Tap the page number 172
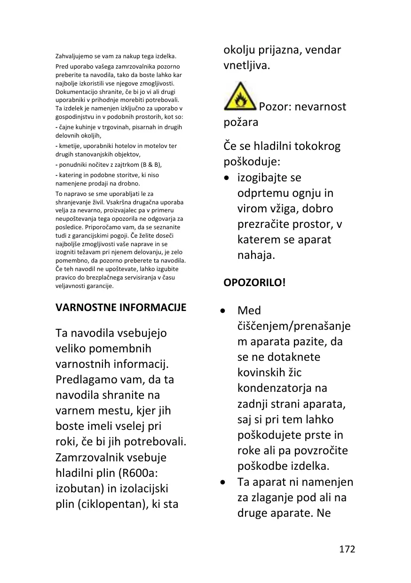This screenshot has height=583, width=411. click(x=347, y=549)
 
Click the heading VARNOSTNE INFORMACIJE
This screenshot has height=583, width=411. click(x=121, y=308)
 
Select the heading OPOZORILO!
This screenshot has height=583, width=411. click(x=254, y=283)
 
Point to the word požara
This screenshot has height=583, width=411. click(x=240, y=123)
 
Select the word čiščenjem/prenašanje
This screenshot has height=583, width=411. click(x=294, y=326)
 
